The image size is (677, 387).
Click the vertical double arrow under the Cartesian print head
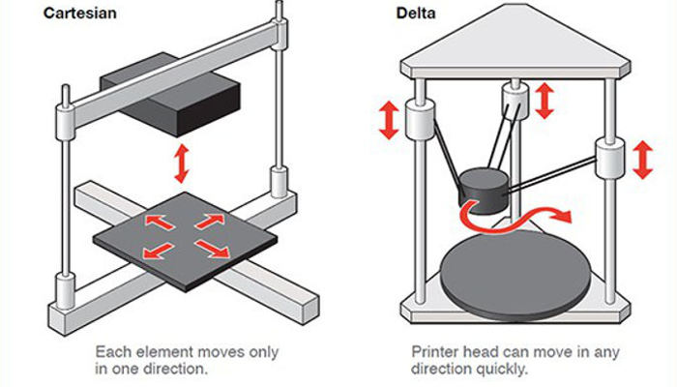pyautogui.click(x=179, y=164)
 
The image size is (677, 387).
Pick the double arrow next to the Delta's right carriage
pyautogui.click(x=640, y=158)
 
